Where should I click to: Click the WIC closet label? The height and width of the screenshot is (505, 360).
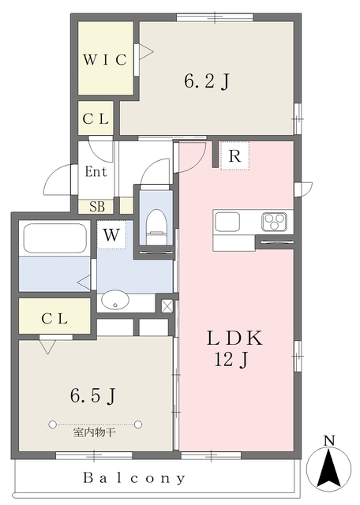click(106, 61)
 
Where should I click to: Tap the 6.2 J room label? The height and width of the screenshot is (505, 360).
click(207, 81)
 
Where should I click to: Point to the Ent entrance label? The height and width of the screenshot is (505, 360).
click(96, 171)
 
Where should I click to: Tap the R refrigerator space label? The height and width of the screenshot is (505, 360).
click(234, 156)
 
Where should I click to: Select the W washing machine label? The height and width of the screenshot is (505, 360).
click(111, 234)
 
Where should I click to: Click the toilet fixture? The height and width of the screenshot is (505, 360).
click(155, 223)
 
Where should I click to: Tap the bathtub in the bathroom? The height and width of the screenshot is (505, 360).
click(54, 238)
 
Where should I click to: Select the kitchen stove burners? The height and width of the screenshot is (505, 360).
click(276, 220)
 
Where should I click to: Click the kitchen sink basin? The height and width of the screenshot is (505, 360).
click(227, 221)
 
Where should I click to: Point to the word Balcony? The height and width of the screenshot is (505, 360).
click(135, 478)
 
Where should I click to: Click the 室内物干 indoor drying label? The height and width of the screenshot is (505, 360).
click(95, 431)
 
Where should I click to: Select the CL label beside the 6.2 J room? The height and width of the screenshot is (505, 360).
click(98, 119)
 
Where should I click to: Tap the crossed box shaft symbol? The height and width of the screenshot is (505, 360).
click(167, 305)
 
